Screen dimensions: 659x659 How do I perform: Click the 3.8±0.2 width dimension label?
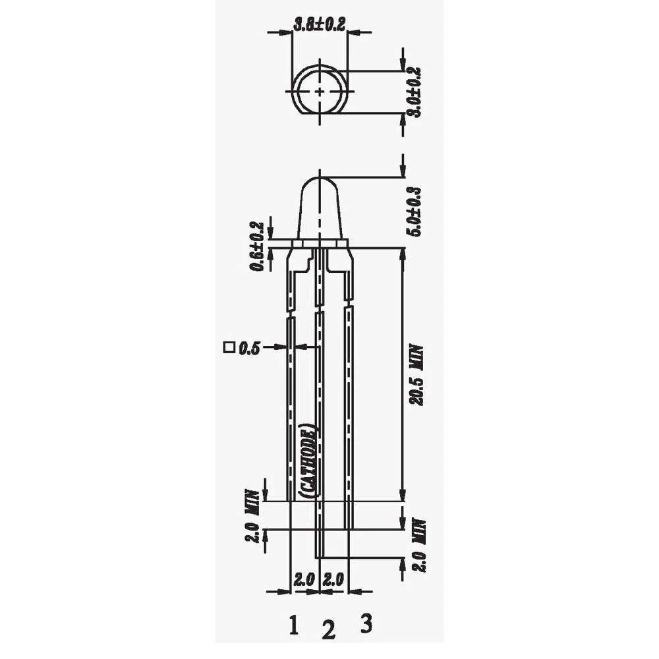[319, 24]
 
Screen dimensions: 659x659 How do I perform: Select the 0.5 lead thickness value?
[249, 347]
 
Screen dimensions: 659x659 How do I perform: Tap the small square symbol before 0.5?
[229, 347]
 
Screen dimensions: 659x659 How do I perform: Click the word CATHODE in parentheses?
[308, 459]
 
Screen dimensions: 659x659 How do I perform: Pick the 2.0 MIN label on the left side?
[251, 515]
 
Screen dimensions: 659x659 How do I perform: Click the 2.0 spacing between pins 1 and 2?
[305, 580]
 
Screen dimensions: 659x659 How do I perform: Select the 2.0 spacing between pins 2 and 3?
[333, 580]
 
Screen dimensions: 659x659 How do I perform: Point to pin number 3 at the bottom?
[366, 621]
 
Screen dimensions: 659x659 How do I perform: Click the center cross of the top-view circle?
[320, 91]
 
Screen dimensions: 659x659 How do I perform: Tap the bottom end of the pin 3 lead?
[349, 527]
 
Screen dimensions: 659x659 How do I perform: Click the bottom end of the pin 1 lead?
[290, 499]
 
